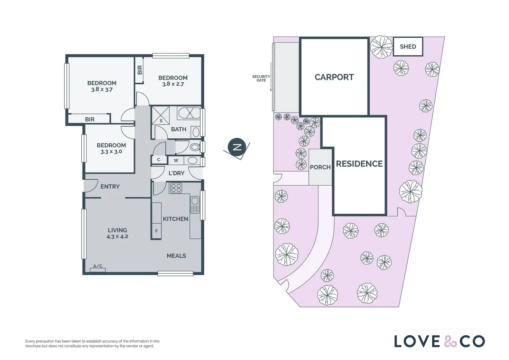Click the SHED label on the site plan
(408, 47)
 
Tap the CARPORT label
(334, 77)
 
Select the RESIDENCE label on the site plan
(359, 164)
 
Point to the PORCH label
(320, 167)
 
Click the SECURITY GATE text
(261, 79)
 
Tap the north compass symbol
(237, 147)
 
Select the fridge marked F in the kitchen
(156, 231)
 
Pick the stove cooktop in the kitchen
(176, 188)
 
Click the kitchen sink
(195, 204)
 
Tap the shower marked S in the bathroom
(161, 115)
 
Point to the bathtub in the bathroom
(189, 113)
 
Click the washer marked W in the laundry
(176, 160)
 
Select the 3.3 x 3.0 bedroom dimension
(111, 152)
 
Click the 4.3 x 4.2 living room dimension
(118, 237)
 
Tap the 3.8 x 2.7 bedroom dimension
(173, 84)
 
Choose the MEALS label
(176, 256)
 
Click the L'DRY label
(176, 173)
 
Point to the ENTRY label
(110, 187)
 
